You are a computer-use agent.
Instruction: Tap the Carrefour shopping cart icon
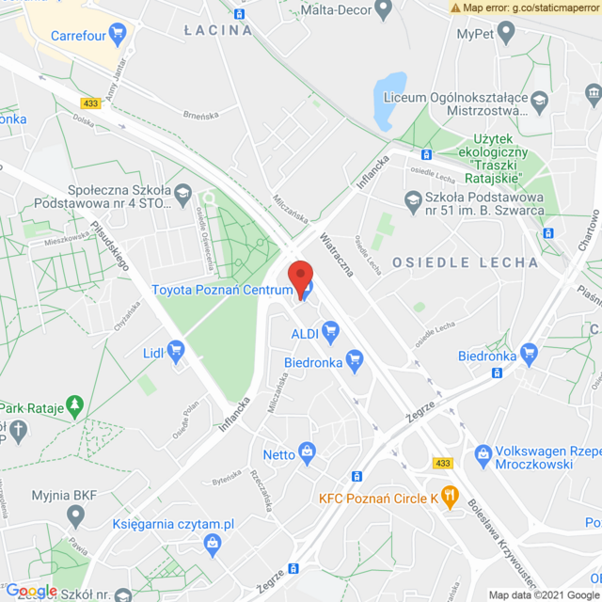click(x=117, y=36)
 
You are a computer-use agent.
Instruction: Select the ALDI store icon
click(x=329, y=331)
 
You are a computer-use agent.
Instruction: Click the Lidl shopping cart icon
click(x=176, y=352)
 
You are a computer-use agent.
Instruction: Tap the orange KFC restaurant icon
click(x=450, y=497)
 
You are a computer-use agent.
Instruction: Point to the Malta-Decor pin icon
click(x=382, y=10)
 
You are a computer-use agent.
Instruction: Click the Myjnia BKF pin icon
click(x=75, y=515)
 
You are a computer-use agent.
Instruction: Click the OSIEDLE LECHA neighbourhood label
click(x=466, y=262)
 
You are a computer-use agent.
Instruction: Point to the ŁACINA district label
click(x=219, y=30)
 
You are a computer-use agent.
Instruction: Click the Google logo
click(x=32, y=590)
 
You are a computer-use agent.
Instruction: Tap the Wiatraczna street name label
click(x=336, y=254)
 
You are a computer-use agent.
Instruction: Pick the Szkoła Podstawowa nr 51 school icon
click(x=411, y=198)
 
